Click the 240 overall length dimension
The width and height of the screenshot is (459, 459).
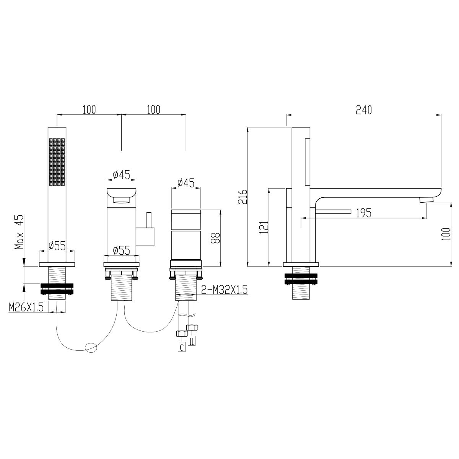point(364,110)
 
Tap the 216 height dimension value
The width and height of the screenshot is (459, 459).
point(243,197)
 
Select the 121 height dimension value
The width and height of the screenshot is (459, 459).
point(264,227)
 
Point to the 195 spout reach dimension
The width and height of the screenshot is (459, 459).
point(364,213)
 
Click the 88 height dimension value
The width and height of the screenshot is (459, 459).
point(215,238)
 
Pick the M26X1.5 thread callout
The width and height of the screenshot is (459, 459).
point(26,307)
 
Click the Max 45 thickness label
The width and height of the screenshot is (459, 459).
point(19,232)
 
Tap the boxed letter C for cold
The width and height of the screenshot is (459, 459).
point(182,347)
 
